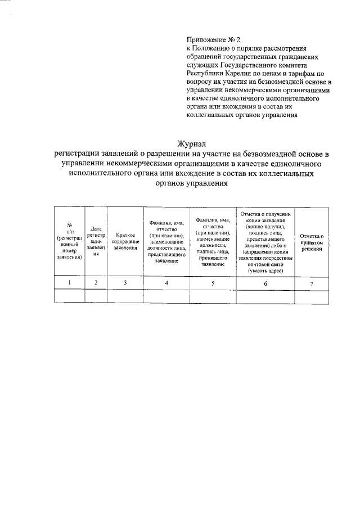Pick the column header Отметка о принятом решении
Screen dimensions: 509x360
click(x=311, y=242)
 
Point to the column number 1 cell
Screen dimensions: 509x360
click(x=69, y=283)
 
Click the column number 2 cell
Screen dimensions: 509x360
click(x=96, y=283)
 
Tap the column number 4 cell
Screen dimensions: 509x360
click(x=166, y=283)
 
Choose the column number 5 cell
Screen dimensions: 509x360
click(x=213, y=283)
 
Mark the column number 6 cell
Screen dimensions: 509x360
click(x=265, y=283)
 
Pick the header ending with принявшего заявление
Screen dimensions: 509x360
click(x=213, y=241)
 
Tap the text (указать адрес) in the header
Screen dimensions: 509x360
click(x=265, y=271)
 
